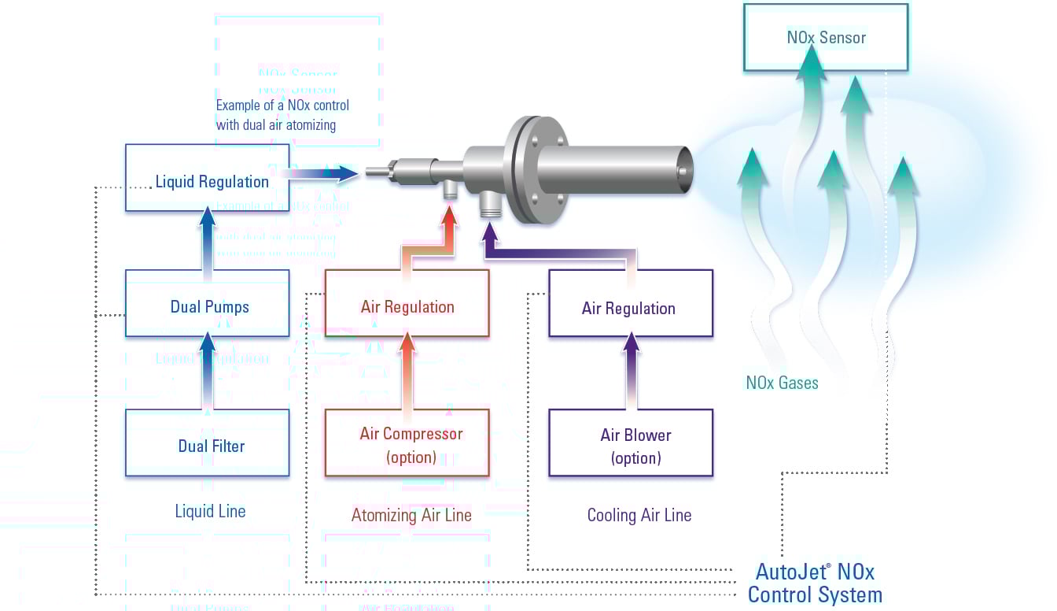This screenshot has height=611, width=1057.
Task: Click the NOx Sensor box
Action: (x=826, y=36)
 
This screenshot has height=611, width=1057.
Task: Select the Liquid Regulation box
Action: (x=208, y=178)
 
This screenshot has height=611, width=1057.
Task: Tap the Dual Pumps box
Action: (x=208, y=304)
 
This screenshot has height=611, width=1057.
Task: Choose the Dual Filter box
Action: (x=208, y=443)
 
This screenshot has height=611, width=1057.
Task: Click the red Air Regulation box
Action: (x=407, y=304)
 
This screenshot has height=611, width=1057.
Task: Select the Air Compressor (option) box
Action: (x=407, y=443)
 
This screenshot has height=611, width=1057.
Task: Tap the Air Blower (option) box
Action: (x=630, y=443)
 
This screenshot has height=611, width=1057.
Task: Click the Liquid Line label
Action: (x=210, y=512)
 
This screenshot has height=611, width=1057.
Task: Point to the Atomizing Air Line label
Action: (x=411, y=516)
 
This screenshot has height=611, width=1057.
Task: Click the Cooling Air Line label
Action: (x=639, y=516)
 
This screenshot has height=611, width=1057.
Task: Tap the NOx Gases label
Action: (x=782, y=383)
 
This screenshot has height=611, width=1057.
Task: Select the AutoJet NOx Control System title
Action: (x=815, y=583)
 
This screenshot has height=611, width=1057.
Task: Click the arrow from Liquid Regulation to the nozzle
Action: (x=324, y=172)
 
